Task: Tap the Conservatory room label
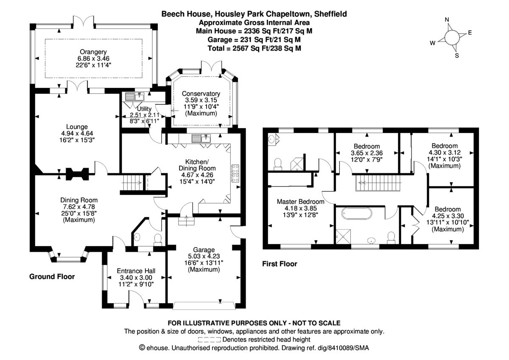coord(201,94)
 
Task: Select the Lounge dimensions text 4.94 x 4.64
coord(77,133)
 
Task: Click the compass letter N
coord(447,20)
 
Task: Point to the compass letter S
coord(456,55)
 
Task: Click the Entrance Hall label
coord(136,271)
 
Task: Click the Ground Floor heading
coord(52,277)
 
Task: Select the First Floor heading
coord(280,264)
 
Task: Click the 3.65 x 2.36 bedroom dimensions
coord(367,153)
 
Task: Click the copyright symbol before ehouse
coord(143,348)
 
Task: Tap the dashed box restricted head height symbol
coord(209,340)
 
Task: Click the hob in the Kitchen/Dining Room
coord(235,173)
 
